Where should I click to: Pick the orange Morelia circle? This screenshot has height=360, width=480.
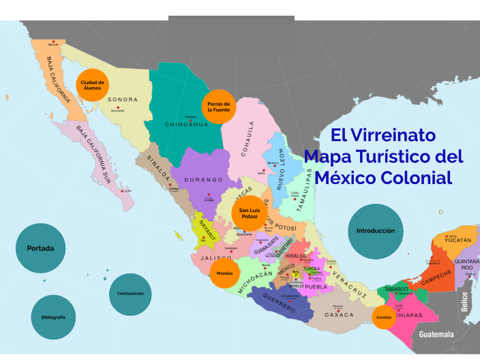coord(224,273)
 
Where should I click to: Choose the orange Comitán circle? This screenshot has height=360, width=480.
coord(383,316)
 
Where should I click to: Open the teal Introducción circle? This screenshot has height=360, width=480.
coord(375,230)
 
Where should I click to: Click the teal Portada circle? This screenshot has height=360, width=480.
coord(40,248)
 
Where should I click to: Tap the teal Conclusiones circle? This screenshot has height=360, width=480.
coord(130,294)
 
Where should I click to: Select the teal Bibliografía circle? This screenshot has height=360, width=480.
coord(52,317)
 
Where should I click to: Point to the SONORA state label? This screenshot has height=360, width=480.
coord(123,100)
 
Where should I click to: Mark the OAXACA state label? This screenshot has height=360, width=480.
coord(339,315)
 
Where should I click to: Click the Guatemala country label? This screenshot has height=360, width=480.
coord(436,335)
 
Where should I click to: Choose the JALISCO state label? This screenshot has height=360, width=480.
coord(217,258)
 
